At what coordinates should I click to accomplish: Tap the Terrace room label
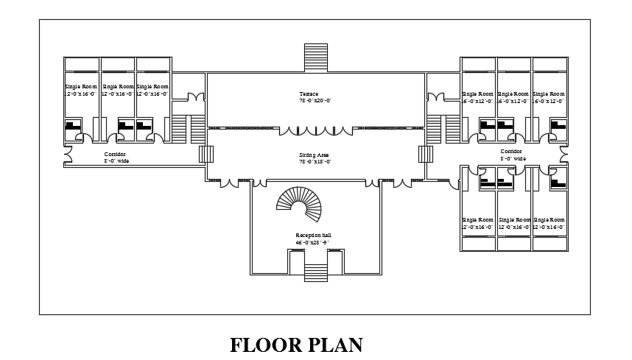(309, 93)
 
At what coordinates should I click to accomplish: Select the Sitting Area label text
(313, 155)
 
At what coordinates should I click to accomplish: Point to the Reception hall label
(312, 235)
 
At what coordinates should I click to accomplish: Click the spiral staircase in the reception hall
(301, 205)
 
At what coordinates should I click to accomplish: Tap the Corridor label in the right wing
(511, 151)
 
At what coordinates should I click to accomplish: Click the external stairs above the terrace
(315, 57)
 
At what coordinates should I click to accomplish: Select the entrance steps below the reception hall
(315, 261)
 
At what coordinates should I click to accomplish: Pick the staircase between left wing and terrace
(189, 128)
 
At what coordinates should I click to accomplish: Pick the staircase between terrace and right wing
(443, 128)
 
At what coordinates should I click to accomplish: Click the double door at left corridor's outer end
(68, 155)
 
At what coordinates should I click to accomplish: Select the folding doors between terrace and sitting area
(315, 130)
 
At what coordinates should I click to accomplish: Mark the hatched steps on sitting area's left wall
(206, 154)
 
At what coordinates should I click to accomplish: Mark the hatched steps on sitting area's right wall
(424, 154)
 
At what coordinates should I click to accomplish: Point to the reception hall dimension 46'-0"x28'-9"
(312, 241)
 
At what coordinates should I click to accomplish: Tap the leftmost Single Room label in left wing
(79, 87)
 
